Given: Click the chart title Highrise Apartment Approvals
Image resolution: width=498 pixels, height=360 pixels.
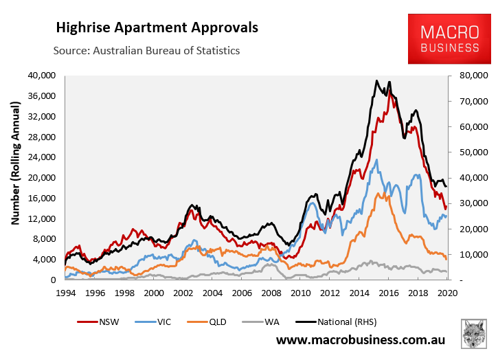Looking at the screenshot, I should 157,28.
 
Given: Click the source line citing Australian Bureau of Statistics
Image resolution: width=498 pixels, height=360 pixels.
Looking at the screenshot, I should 147,51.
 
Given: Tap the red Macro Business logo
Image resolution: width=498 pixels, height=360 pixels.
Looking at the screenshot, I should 450,41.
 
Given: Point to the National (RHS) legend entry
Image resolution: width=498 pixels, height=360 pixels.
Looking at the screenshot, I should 363,321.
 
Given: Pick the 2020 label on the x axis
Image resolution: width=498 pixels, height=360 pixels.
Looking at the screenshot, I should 447,292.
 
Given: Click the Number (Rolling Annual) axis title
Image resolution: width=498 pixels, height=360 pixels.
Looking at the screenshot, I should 15,177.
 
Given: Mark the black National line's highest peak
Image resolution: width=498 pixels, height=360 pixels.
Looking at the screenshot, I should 376,80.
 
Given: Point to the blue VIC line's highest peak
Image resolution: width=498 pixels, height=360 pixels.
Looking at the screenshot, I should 376,160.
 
